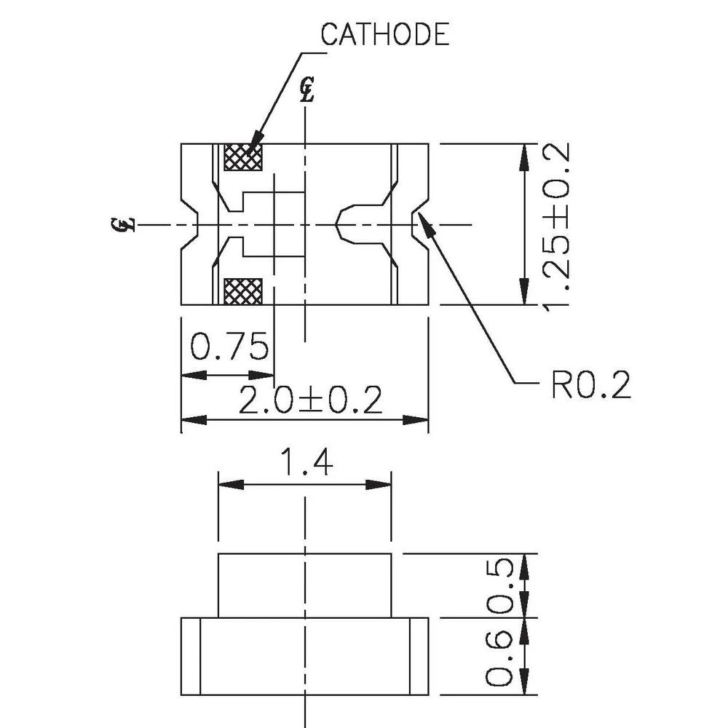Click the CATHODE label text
(x=385, y=34)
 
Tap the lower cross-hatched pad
(x=243, y=291)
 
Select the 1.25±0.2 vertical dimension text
(x=554, y=224)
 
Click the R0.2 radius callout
(x=590, y=385)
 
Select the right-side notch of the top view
(x=420, y=224)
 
